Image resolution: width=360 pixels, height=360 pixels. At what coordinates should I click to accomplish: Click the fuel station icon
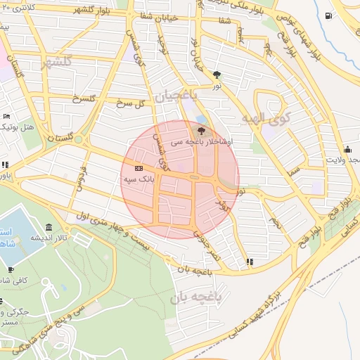[x=329, y=15]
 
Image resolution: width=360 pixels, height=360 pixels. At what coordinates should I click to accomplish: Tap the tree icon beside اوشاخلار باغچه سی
[x=202, y=130]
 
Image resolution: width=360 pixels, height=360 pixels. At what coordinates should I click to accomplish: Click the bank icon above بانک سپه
[x=138, y=168]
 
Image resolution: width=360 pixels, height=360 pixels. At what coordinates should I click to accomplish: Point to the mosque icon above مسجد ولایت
[x=347, y=148]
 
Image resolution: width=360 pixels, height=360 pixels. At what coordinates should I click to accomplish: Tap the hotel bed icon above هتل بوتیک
[x=7, y=116]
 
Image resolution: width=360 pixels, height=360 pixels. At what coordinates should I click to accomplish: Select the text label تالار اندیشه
[x=48, y=238]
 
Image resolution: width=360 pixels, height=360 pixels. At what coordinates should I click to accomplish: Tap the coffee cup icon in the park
[x=11, y=269]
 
